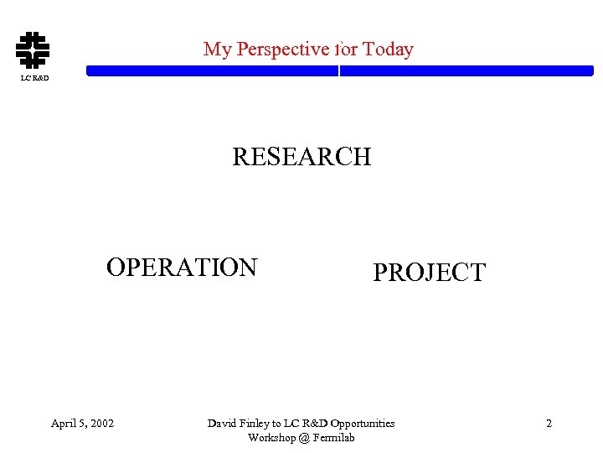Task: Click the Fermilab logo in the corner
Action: pos(33,49)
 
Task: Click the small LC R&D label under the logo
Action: pos(34,79)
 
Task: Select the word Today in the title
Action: pos(388,49)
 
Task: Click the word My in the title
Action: pos(217,49)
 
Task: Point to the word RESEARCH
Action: pos(301,157)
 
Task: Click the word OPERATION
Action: pos(182,268)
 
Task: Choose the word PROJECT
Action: pos(429,273)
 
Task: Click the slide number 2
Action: pos(549,424)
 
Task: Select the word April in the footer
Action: pos(63,424)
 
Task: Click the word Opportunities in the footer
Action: pos(362,424)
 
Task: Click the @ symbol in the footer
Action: pos(301,438)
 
